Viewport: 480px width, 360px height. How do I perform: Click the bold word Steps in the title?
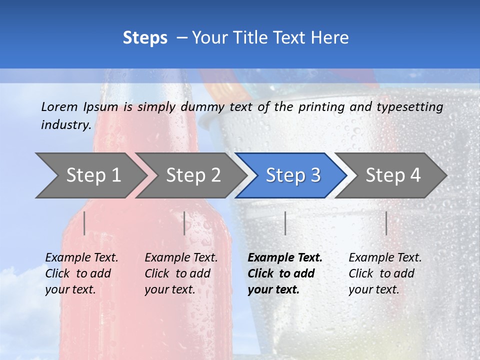145,38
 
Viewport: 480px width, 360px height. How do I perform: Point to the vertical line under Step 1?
84,223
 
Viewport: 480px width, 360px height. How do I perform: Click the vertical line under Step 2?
184,223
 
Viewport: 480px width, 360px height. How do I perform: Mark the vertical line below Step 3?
285,223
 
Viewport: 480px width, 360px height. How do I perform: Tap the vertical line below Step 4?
386,223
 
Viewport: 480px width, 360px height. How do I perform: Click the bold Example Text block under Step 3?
285,273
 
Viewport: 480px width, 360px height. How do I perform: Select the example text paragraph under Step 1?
81,273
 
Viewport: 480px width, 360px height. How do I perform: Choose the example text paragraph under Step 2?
181,273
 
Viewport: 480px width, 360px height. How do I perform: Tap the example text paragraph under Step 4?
385,273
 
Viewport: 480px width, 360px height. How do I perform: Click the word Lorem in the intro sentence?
59,107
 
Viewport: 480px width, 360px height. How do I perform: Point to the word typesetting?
409,107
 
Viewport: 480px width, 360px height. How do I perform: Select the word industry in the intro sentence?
65,125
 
